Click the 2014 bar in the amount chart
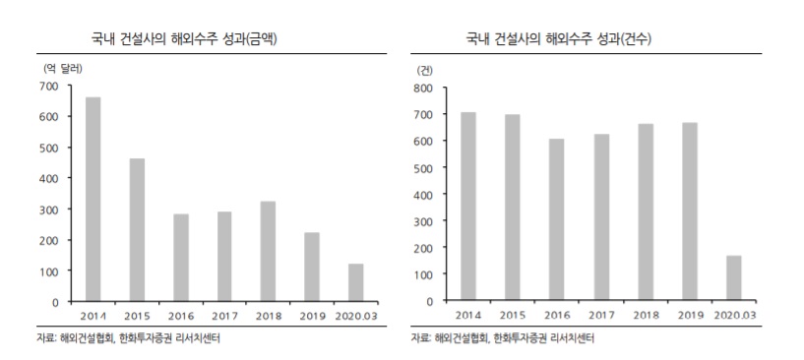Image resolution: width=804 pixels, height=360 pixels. (x=93, y=199)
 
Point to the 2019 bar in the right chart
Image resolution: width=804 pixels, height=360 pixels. (x=690, y=211)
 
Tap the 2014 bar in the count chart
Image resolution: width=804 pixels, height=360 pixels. (x=469, y=207)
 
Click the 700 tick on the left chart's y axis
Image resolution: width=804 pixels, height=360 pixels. (x=49, y=86)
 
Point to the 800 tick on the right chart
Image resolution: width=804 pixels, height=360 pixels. (x=423, y=88)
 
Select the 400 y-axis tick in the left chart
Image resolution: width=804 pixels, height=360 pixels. (x=49, y=178)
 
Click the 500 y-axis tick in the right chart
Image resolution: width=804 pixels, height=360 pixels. (x=423, y=168)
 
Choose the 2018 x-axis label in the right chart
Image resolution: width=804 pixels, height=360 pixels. (x=646, y=317)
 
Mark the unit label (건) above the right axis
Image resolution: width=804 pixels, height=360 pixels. (x=425, y=69)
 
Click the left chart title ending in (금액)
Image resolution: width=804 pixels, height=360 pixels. (x=193, y=38)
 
